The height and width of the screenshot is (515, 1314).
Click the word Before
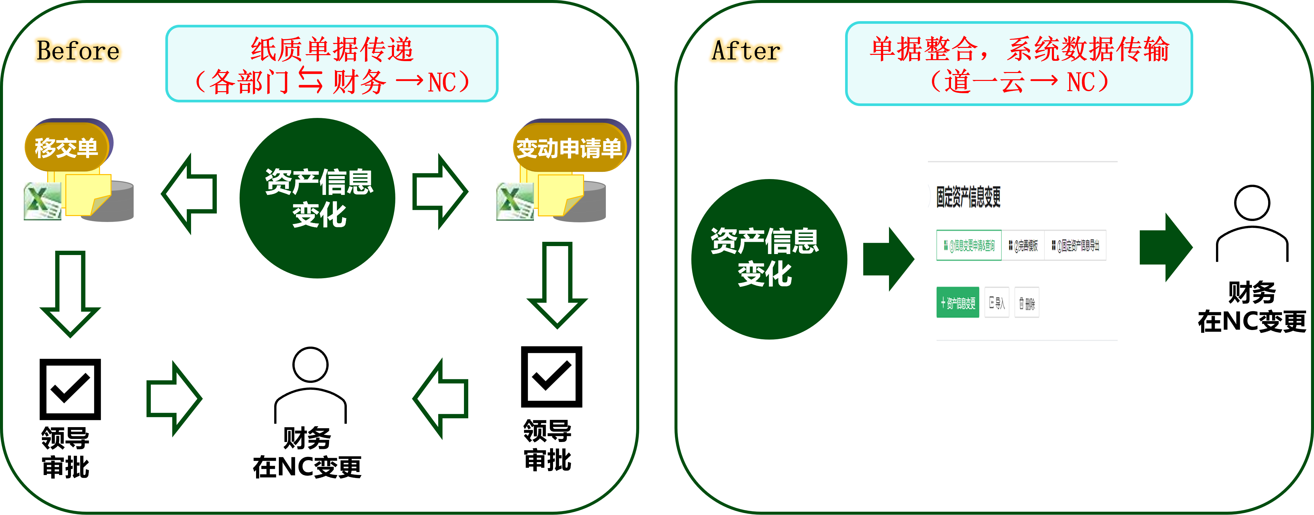78,51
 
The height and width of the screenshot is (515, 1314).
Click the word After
746,51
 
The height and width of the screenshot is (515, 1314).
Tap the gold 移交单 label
66,148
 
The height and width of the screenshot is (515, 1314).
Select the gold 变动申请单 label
569,148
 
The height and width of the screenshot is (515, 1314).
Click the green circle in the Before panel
317,198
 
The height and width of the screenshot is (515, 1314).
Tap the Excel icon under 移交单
42,202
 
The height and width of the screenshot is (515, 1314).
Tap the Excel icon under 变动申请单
515,202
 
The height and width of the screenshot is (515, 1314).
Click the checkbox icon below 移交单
70,389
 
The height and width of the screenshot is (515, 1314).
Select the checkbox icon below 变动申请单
551,377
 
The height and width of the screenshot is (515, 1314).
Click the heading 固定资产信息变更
968,197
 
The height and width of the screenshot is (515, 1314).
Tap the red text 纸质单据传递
332,50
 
